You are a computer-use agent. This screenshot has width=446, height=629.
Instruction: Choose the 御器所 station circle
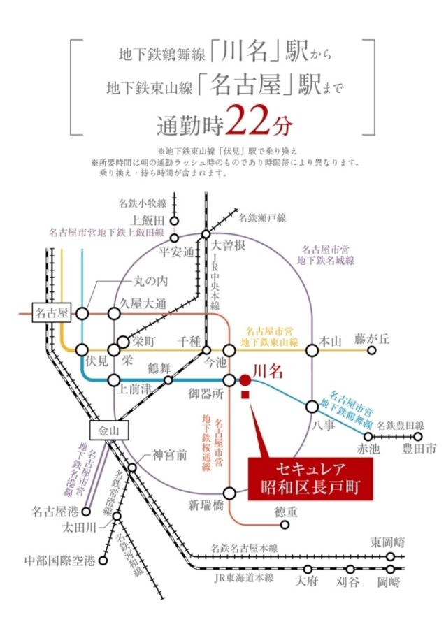click(x=230, y=379)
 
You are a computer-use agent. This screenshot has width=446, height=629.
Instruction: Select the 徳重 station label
click(x=284, y=512)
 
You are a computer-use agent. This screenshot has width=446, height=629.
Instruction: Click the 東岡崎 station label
click(x=388, y=542)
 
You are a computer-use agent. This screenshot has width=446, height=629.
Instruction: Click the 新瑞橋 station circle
click(x=230, y=492)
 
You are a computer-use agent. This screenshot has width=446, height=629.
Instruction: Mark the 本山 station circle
click(x=311, y=349)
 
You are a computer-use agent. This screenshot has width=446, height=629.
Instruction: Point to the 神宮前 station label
click(x=171, y=455)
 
